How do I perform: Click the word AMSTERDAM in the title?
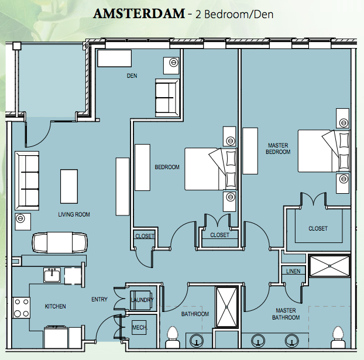point(139,13)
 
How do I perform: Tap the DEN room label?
point(132,76)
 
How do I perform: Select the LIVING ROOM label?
point(74,214)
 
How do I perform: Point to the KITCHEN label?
point(55,306)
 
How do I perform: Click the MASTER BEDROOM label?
point(278,149)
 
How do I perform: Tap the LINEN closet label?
point(293,271)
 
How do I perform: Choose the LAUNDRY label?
point(142,300)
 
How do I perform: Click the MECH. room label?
point(140,327)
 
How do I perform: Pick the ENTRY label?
point(99,299)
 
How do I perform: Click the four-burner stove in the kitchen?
point(21,308)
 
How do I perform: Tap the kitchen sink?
point(52,275)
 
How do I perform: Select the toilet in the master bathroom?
point(338,337)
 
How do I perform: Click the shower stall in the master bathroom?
point(329,266)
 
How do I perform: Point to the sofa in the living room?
point(27,181)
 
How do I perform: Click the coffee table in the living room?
point(69,187)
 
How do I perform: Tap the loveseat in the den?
point(167,98)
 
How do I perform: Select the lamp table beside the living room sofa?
point(23,222)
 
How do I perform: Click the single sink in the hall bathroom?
point(197,341)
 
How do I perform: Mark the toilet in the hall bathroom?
point(172,337)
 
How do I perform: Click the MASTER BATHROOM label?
point(286,314)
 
